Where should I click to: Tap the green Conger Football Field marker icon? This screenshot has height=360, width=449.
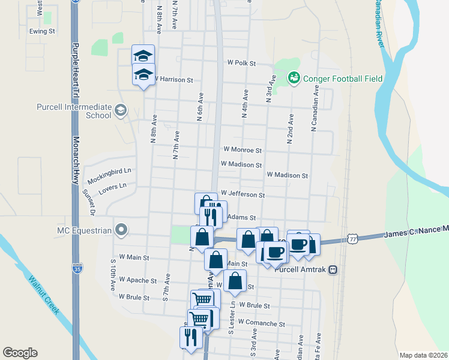[x=294, y=77]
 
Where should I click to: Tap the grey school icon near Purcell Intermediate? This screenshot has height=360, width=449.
[x=121, y=110]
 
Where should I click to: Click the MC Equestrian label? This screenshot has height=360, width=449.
[x=84, y=230]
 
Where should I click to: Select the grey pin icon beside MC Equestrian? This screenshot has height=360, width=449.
[x=121, y=230]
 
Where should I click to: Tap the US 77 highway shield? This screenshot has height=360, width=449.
[x=352, y=239]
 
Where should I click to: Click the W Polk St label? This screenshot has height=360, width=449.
[x=242, y=63]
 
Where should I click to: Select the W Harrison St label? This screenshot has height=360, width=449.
[x=174, y=79]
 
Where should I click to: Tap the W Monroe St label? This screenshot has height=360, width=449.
[x=243, y=149]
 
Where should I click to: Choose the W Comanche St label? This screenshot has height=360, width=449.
[x=261, y=323]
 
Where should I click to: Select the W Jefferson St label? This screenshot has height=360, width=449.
[x=243, y=195]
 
